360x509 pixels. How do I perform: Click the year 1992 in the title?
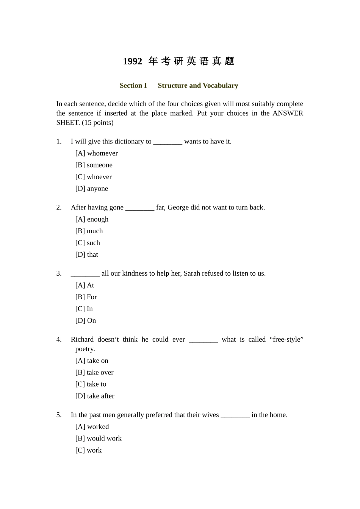(x=133, y=61)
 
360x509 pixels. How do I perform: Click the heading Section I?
(x=133, y=86)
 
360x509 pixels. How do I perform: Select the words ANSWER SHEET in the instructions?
(x=288, y=113)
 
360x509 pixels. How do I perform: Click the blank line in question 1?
(x=168, y=142)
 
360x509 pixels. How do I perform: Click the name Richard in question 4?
(x=82, y=339)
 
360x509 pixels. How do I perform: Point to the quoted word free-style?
(x=286, y=339)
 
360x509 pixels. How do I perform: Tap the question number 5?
(x=59, y=415)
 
